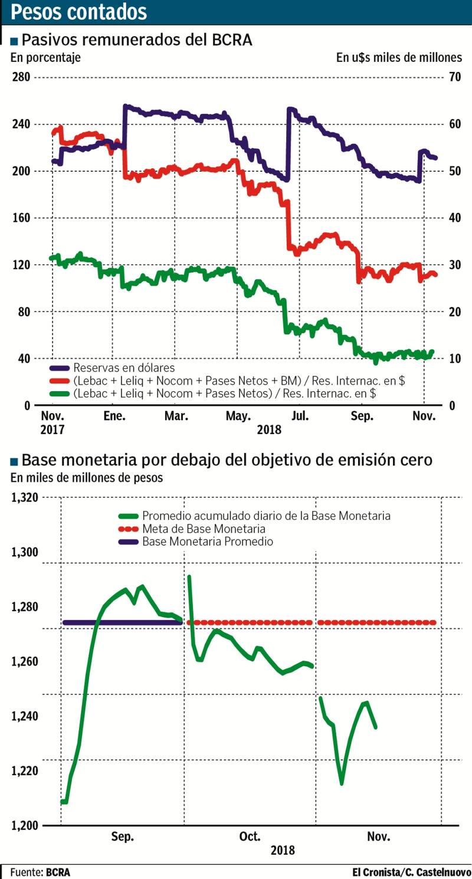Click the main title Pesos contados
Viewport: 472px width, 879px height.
(79, 12)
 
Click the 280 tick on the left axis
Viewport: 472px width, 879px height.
(22, 77)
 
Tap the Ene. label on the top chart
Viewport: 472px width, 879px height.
(114, 416)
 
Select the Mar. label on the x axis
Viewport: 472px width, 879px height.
(176, 416)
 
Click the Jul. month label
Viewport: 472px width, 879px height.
(300, 416)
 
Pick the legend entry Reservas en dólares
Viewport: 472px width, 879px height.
(124, 368)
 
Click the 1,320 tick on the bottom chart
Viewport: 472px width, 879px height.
(25, 497)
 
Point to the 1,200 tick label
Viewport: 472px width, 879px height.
(25, 825)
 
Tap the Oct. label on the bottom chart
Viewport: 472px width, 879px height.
(250, 837)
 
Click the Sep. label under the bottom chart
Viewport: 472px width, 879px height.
(122, 837)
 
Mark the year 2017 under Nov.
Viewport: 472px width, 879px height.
(51, 429)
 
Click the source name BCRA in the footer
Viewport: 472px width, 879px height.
(58, 872)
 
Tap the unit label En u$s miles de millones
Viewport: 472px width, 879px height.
(399, 58)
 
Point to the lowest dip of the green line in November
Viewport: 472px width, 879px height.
(342, 783)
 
